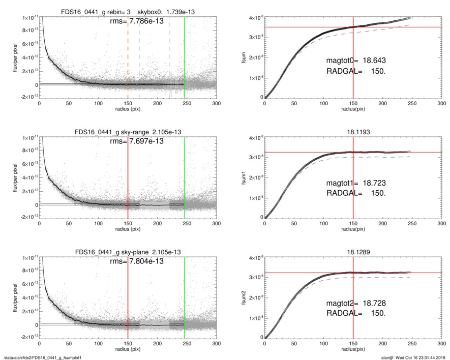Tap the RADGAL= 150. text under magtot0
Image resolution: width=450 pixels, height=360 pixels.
356,72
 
